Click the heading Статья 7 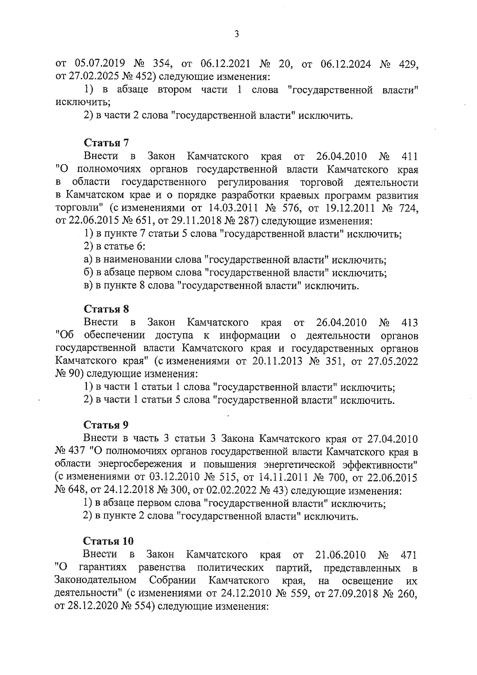coord(106,142)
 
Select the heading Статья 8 coord(106,309)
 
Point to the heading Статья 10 coord(108,541)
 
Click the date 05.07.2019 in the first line coord(100,63)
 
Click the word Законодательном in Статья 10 coord(95,581)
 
